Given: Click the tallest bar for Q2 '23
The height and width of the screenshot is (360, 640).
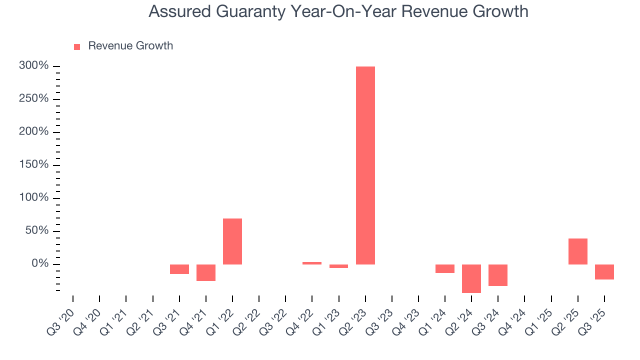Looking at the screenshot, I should [x=365, y=165].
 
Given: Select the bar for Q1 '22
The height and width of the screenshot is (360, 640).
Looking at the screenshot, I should [x=232, y=241].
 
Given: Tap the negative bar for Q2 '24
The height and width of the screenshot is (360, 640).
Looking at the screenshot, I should [x=471, y=278].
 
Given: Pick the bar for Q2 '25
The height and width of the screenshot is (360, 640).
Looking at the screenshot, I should [x=577, y=251].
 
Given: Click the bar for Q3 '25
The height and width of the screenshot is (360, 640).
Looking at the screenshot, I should [x=604, y=272].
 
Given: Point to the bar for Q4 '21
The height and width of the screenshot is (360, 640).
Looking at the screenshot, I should [x=206, y=272].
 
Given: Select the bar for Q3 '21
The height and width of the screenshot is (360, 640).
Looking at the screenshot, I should [x=179, y=269].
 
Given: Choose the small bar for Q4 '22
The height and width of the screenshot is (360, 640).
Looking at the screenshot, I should [x=312, y=263].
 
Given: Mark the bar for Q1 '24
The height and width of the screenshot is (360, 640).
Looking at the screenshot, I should [x=444, y=268].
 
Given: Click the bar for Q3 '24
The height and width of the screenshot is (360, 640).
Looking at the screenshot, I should [x=497, y=275].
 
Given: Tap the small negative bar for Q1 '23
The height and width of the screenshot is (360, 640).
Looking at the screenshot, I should [x=338, y=266].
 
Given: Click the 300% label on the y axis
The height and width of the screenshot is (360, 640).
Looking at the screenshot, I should [x=33, y=66].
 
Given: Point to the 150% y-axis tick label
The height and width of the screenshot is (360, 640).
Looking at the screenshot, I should [x=33, y=165].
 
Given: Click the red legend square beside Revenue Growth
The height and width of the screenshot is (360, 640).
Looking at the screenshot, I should [x=77, y=46].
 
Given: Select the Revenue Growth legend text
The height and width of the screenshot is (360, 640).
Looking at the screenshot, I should [x=130, y=46].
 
